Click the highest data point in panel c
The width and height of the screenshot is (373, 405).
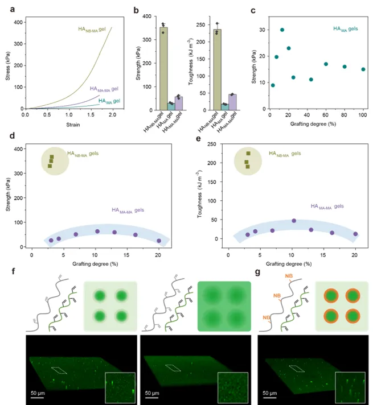point(282,30)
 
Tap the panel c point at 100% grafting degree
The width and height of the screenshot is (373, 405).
point(363,69)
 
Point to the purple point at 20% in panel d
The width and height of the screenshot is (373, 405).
point(159,241)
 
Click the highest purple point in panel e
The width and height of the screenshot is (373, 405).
point(294,221)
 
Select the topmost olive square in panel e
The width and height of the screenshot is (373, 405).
point(248,154)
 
